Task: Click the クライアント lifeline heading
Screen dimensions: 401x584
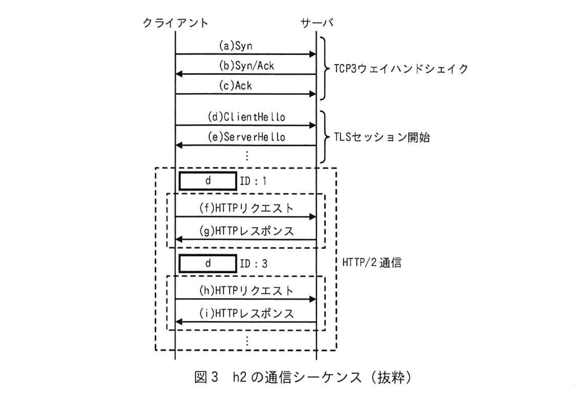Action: pos(175,23)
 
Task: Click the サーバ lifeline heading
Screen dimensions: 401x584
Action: pos(317,23)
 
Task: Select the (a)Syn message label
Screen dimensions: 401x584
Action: pos(236,46)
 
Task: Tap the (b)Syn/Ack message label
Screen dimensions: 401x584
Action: pos(246,66)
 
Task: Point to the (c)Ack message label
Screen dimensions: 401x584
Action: pos(236,86)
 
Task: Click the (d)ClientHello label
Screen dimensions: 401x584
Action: pos(246,117)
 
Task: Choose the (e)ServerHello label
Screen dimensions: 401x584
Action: pos(246,137)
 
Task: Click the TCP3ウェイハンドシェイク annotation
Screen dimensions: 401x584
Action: pos(401,68)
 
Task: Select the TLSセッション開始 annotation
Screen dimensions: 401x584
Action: pos(381,137)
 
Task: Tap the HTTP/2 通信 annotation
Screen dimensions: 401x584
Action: pos(372,262)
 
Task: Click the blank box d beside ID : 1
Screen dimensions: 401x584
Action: pos(208,181)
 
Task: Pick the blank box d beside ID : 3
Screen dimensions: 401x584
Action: pos(208,264)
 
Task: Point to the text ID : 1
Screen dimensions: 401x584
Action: pos(253,181)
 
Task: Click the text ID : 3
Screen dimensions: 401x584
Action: pos(253,264)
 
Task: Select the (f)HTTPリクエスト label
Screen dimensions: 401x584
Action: pos(246,208)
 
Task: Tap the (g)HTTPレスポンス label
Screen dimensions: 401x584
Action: pos(246,231)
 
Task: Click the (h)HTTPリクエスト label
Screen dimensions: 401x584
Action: pos(246,291)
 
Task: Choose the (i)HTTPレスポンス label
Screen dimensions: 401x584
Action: pos(246,314)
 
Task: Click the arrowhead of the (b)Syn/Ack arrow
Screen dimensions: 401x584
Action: pos(179,74)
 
